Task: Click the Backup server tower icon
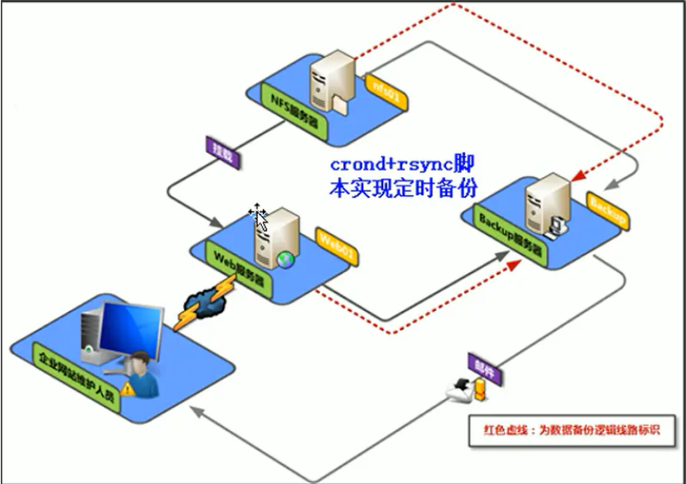click(x=544, y=204)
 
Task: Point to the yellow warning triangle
click(x=128, y=387)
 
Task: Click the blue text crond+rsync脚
click(x=401, y=161)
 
